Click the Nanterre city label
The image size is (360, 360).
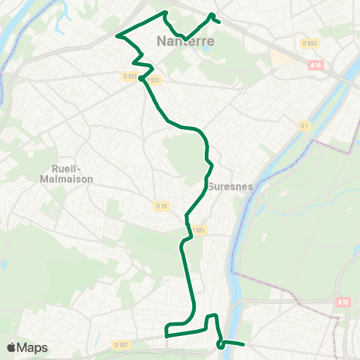click(x=186, y=42)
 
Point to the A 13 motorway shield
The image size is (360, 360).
click(x=343, y=302)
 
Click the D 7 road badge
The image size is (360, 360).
click(x=304, y=124)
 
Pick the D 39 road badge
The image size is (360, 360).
click(x=160, y=205)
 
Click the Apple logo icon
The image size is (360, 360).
click(x=12, y=348)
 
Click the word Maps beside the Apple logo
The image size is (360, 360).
click(x=33, y=348)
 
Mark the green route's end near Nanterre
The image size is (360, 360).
click(x=218, y=21)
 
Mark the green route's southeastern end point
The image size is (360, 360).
click(x=244, y=345)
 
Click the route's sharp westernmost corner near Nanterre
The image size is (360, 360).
click(x=117, y=34)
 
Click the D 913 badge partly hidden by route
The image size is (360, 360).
click(x=154, y=80)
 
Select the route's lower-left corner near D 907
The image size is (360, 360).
click(x=166, y=335)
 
